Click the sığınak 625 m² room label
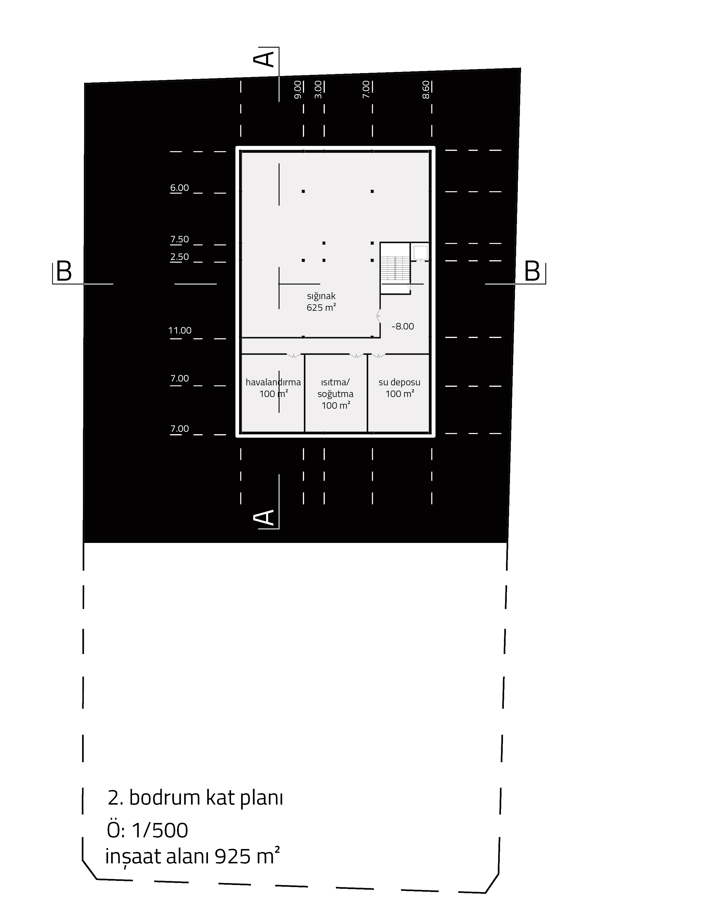point(321,302)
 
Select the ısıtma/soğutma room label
point(336,394)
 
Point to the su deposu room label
point(400,388)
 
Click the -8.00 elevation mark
point(402,326)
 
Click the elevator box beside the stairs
point(421,252)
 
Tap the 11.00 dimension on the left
point(180,330)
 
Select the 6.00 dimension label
point(179,188)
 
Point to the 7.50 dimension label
point(179,239)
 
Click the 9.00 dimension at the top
point(298,89)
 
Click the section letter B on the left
point(64,271)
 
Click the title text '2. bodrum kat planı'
point(195,798)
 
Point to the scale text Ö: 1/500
point(148,830)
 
